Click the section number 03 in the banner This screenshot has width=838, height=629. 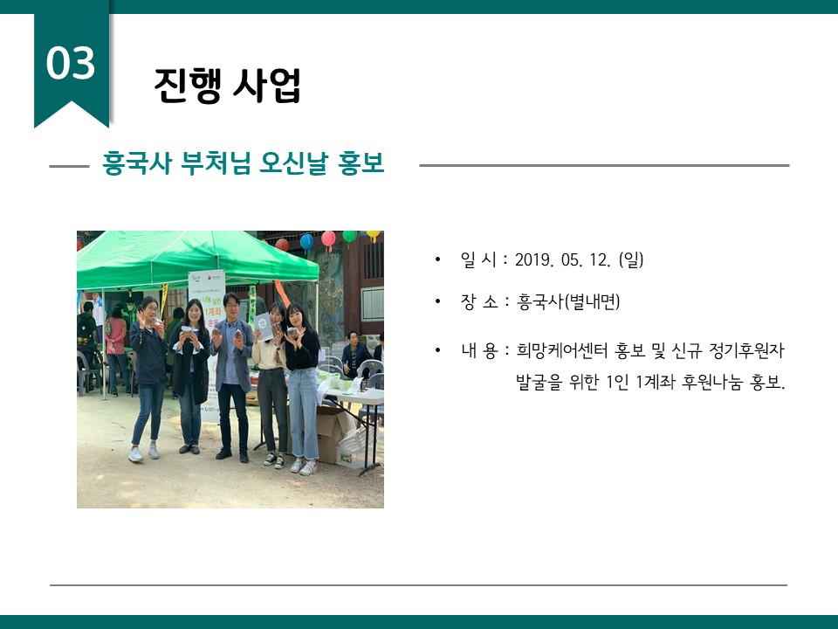coord(71,63)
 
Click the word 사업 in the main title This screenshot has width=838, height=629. coord(267,85)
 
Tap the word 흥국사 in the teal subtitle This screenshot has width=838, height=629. coord(137,163)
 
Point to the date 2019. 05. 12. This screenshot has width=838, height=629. coord(563,260)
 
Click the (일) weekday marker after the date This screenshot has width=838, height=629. coord(630,260)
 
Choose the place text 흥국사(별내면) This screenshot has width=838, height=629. coord(568,301)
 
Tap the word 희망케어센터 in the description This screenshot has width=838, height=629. coord(561,351)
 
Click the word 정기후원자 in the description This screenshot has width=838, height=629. coord(746,351)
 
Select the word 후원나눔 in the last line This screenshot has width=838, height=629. coord(712,383)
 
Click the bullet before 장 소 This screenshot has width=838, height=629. coord(438,302)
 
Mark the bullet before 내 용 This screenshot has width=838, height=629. coord(438,351)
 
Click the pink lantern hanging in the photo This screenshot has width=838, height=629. coord(328,239)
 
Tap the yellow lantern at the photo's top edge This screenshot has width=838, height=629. coord(373,235)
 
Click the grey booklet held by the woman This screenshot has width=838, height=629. coord(263,326)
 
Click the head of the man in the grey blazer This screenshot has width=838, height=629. coord(231,306)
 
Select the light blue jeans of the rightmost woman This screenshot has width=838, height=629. coord(303,412)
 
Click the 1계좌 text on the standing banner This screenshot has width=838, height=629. coord(214,311)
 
